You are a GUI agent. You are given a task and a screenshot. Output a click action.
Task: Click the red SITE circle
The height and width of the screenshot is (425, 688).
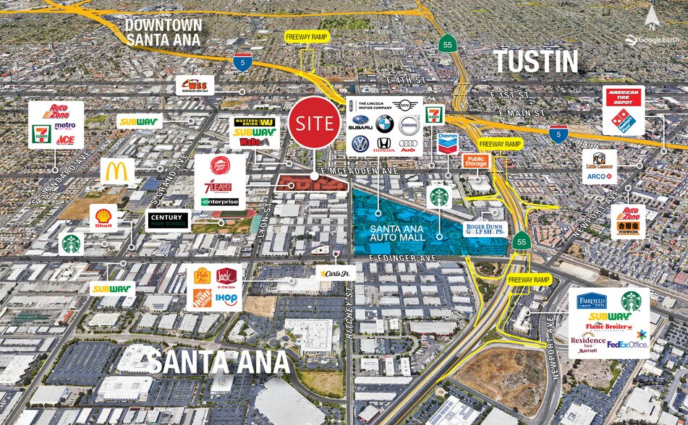[x=314, y=123]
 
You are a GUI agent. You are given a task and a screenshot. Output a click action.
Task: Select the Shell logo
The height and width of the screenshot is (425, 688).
[x=103, y=216]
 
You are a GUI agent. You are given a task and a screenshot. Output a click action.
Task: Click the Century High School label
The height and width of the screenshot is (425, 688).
[x=169, y=220]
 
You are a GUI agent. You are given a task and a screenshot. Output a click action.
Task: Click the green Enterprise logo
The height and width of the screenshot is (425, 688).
[x=220, y=202]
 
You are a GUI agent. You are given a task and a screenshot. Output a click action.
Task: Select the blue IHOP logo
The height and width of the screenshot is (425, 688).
[x=226, y=298]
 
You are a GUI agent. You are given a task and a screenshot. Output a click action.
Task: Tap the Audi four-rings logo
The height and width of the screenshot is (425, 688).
[x=408, y=145]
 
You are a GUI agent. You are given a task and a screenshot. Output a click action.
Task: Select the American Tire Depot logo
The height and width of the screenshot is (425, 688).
[x=623, y=98]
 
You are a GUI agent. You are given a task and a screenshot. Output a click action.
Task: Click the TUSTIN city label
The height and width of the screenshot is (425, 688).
[x=536, y=61]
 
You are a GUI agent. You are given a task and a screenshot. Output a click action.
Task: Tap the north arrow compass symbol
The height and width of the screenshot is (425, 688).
[x=653, y=14]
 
